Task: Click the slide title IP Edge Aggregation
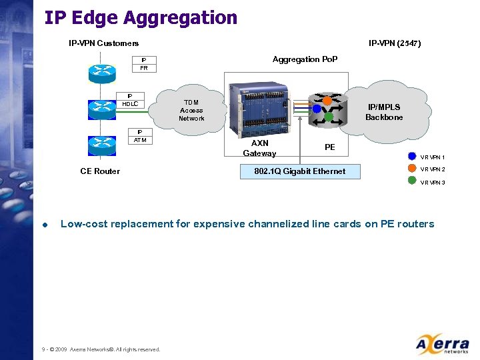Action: pyautogui.click(x=141, y=18)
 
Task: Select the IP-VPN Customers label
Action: pyautogui.click(x=104, y=44)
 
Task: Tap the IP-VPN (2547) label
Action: pyautogui.click(x=395, y=44)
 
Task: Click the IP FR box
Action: pyautogui.click(x=144, y=63)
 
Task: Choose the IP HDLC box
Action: pyautogui.click(x=130, y=100)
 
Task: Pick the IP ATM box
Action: pyautogui.click(x=140, y=136)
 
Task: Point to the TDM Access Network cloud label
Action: pyautogui.click(x=191, y=111)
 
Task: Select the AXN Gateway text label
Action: pyautogui.click(x=259, y=148)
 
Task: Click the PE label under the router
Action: pyautogui.click(x=329, y=147)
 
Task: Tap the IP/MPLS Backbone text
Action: pyautogui.click(x=384, y=112)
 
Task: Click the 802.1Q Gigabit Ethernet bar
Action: pyautogui.click(x=300, y=171)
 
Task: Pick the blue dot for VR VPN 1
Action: pyautogui.click(x=412, y=157)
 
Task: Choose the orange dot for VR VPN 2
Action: pyautogui.click(x=412, y=169)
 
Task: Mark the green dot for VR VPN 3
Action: pyautogui.click(x=412, y=181)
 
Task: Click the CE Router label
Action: pyautogui.click(x=100, y=171)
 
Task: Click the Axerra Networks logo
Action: pyautogui.click(x=442, y=345)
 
